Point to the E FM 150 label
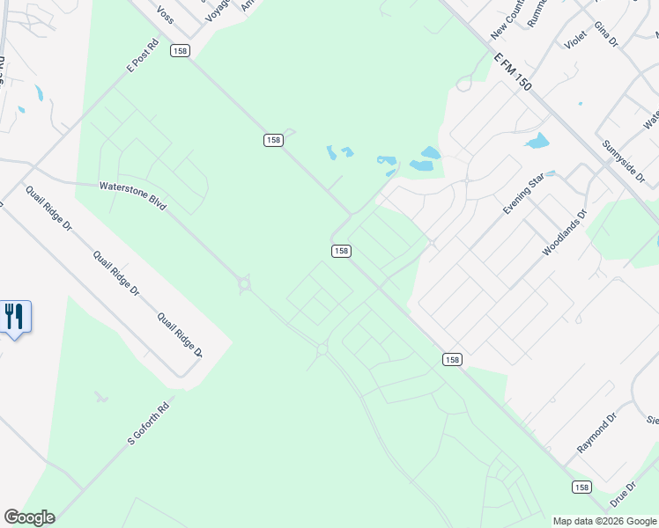(514, 70)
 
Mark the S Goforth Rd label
(148, 423)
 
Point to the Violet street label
(575, 39)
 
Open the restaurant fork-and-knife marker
(15, 316)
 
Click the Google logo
(29, 517)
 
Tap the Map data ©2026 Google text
(604, 521)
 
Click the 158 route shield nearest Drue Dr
(581, 487)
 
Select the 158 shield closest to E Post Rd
(181, 51)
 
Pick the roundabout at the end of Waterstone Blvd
(244, 284)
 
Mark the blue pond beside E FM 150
(537, 141)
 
